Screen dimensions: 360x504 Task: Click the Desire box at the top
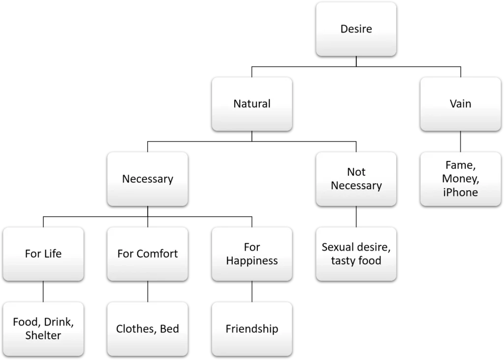tap(356, 29)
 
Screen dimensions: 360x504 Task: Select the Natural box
tap(252, 104)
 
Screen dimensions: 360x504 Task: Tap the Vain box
tap(460, 104)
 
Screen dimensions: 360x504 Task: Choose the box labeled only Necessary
tap(147, 179)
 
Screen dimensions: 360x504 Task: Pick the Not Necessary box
tap(356, 179)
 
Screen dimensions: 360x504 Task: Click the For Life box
tap(43, 254)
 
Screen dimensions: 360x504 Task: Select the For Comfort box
tap(147, 254)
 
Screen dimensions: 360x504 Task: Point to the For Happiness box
tap(252, 254)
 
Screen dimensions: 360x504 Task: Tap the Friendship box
tap(252, 329)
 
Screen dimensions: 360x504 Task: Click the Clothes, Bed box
tap(147, 329)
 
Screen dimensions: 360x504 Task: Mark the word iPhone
tap(460, 192)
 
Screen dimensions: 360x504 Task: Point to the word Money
tap(459, 179)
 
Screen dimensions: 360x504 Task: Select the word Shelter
tap(43, 336)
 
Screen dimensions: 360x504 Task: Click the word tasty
tap(344, 261)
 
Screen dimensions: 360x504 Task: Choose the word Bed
tap(169, 329)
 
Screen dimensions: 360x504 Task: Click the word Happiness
tap(252, 261)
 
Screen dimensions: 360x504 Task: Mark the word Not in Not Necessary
tap(356, 172)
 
